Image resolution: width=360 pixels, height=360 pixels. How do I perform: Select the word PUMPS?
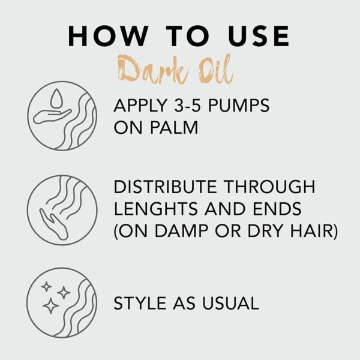click(247, 107)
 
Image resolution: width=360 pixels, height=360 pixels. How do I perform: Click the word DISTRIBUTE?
click(168, 187)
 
